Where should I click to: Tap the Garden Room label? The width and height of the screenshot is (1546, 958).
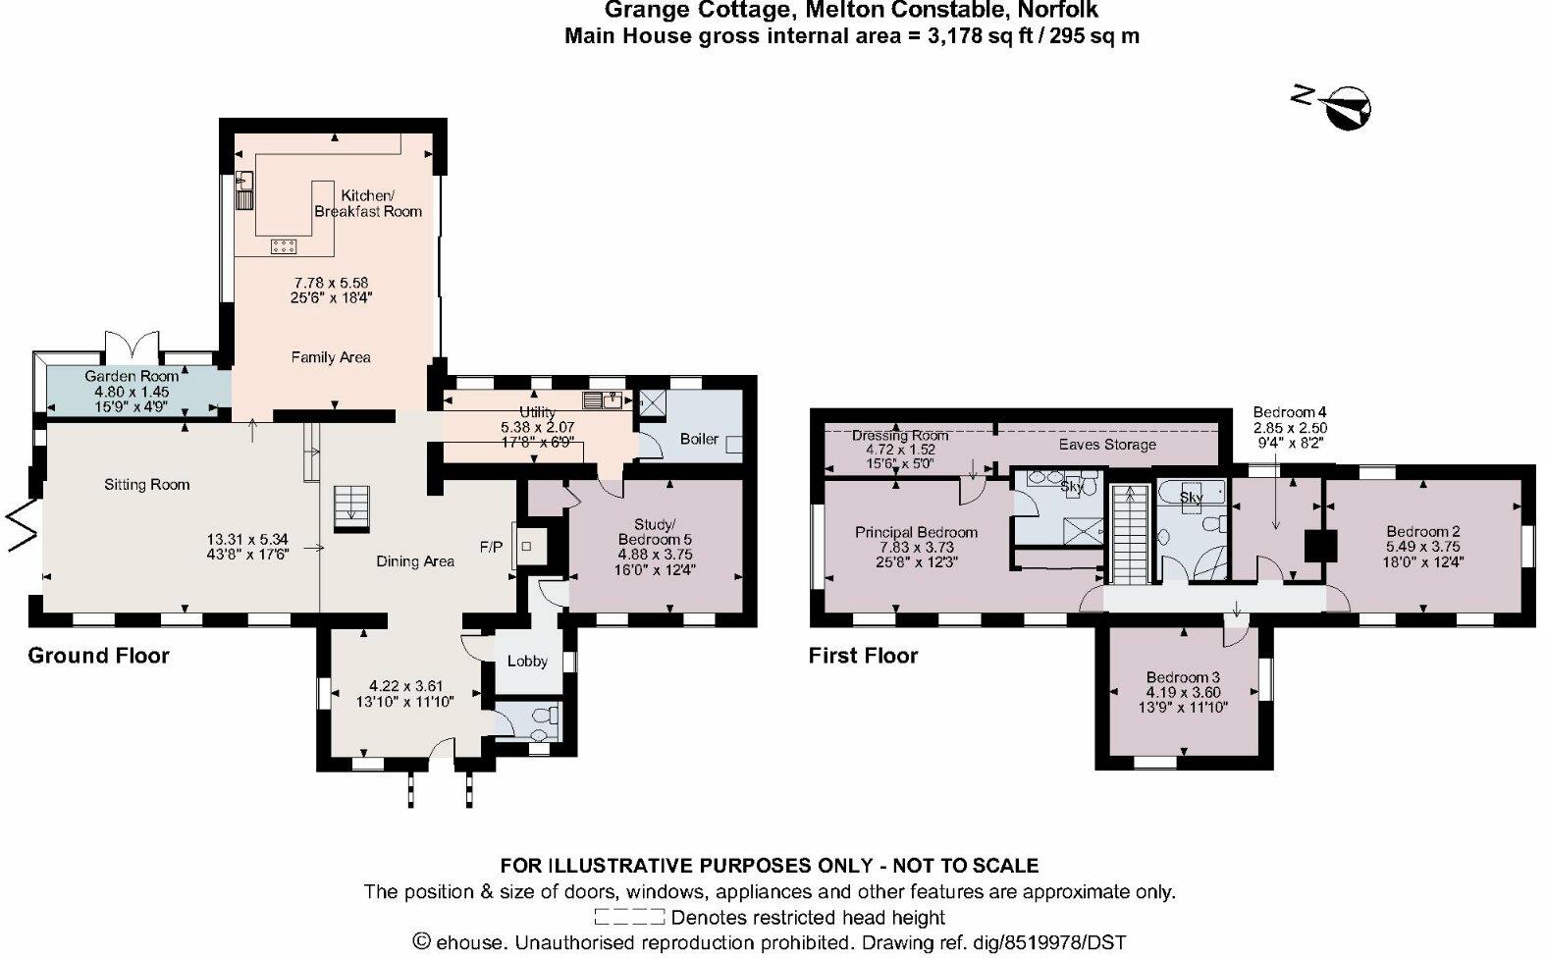click(x=132, y=376)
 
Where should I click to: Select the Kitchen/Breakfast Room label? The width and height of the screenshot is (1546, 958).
click(x=367, y=203)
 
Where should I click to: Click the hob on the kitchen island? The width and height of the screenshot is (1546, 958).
click(x=285, y=245)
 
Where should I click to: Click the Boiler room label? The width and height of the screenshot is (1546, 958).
click(x=699, y=439)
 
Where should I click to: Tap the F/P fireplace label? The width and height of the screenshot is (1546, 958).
click(x=490, y=546)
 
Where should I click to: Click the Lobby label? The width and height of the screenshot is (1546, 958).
click(x=527, y=661)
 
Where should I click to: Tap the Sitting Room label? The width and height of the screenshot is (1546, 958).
click(x=147, y=484)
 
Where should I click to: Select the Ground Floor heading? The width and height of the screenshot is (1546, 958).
click(x=98, y=656)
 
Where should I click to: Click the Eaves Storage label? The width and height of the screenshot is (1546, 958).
click(x=1106, y=445)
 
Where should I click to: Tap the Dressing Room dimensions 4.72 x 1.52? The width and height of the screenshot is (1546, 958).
click(x=899, y=450)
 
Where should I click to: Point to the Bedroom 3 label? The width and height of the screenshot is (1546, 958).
click(x=1183, y=677)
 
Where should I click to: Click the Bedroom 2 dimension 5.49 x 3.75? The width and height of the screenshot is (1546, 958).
click(x=1422, y=547)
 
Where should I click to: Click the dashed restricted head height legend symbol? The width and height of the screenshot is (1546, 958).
click(x=628, y=918)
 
